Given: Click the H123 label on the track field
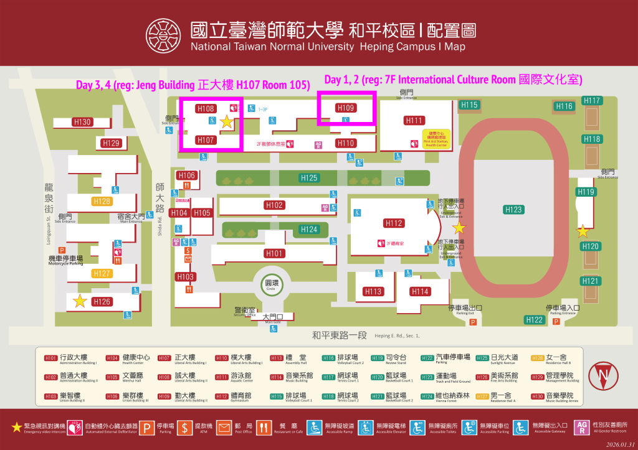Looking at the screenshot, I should point(513,210).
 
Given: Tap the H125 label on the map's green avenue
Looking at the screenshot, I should point(309,178).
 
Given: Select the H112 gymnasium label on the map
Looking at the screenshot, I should point(394,223).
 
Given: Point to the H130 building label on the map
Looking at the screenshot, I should point(82,122).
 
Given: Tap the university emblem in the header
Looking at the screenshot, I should point(164,36).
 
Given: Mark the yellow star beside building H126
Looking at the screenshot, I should point(80,301).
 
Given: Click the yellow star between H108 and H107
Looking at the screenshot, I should point(227,123).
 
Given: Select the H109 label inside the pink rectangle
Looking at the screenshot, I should point(346,108).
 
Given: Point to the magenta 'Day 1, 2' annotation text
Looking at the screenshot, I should point(453,80).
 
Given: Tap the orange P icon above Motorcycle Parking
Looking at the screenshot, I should point(62,250).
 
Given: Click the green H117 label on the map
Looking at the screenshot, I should point(593,100).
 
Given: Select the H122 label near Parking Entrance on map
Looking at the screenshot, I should point(535,320).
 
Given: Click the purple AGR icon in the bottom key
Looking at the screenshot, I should point(581,428).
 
